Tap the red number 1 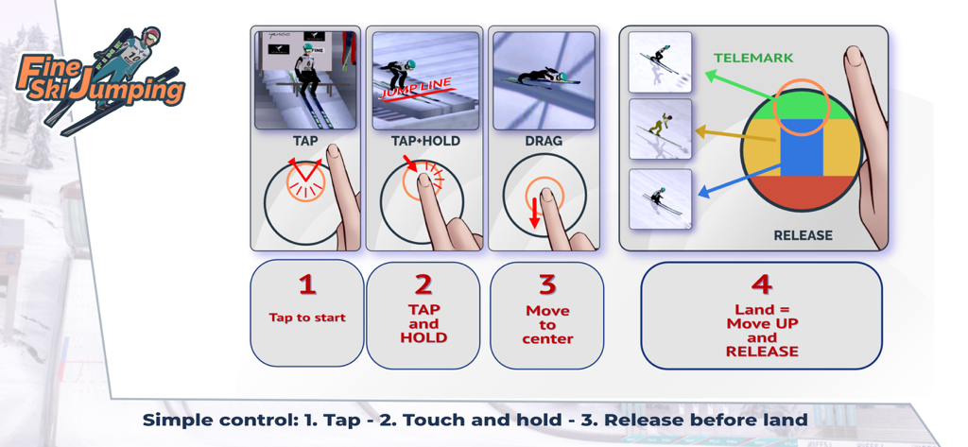click(307, 284)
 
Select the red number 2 click(423, 284)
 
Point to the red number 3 click(547, 284)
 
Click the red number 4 click(761, 284)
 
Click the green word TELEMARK click(753, 58)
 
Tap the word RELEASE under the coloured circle click(803, 235)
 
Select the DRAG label click(544, 141)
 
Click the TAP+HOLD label click(425, 141)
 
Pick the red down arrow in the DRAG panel click(535, 212)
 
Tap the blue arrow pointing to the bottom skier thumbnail click(737, 181)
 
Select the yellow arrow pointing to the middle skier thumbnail click(735, 135)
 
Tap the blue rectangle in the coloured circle click(802, 147)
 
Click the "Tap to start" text click(307, 318)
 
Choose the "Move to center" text click(547, 324)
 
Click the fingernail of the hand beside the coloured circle click(854, 56)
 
